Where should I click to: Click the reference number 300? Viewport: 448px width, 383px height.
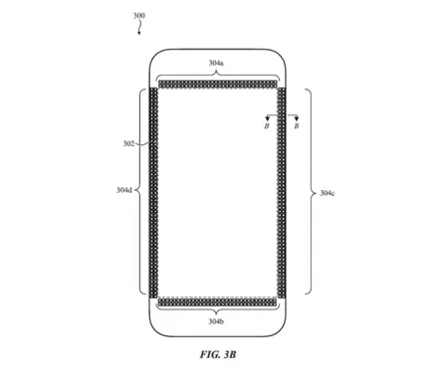point(137,16)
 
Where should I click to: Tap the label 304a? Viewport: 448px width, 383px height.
point(216,63)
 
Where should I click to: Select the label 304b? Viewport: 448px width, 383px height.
point(216,321)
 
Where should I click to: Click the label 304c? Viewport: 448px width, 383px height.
point(327,192)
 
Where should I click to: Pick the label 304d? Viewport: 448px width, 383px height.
point(123,189)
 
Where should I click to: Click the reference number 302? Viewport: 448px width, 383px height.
point(128,143)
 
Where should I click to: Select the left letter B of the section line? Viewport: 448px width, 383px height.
point(266,126)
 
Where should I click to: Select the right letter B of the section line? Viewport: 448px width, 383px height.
point(296,126)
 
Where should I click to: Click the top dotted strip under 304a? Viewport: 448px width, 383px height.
point(216,84)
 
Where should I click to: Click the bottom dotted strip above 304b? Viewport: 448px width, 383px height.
point(216,301)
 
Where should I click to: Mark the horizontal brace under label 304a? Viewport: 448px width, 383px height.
point(216,74)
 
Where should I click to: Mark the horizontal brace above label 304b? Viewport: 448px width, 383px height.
point(216,311)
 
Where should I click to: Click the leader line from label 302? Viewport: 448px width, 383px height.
point(141,146)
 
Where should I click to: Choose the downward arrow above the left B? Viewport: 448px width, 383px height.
point(267,116)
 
